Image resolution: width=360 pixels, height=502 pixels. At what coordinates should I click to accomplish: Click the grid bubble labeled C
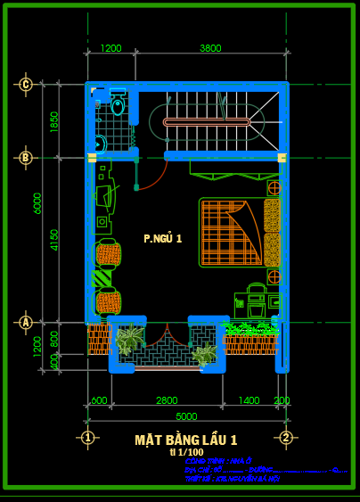point(26,85)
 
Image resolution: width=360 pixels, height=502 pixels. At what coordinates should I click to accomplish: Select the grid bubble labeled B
point(26,158)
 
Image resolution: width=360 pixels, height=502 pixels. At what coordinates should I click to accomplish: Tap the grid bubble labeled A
point(26,322)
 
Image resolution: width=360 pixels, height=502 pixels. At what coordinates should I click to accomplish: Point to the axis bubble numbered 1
point(87,437)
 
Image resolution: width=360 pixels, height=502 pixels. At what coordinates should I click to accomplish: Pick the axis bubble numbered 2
point(286,437)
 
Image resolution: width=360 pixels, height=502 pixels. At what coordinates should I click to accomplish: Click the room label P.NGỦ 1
point(162,238)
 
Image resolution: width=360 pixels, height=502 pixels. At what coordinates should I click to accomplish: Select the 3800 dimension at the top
point(210,48)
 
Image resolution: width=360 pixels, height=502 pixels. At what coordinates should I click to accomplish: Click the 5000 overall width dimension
point(186,416)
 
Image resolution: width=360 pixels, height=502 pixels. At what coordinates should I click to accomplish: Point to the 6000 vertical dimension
point(37,203)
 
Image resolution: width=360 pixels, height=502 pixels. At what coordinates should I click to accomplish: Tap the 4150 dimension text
point(54,239)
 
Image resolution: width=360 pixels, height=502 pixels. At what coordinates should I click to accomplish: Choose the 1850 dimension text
point(54,121)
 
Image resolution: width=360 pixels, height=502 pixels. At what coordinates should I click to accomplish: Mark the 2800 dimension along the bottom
point(167,400)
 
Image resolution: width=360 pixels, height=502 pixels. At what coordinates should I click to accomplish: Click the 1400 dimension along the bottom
point(249,400)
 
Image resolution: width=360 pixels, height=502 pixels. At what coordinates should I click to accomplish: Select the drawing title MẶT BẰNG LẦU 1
point(185,440)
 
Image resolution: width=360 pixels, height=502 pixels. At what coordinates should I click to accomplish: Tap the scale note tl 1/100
point(185,452)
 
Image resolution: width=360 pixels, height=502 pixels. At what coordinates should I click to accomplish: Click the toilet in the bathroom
point(118,106)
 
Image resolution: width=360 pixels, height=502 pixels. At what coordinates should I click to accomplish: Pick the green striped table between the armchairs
point(102,278)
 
